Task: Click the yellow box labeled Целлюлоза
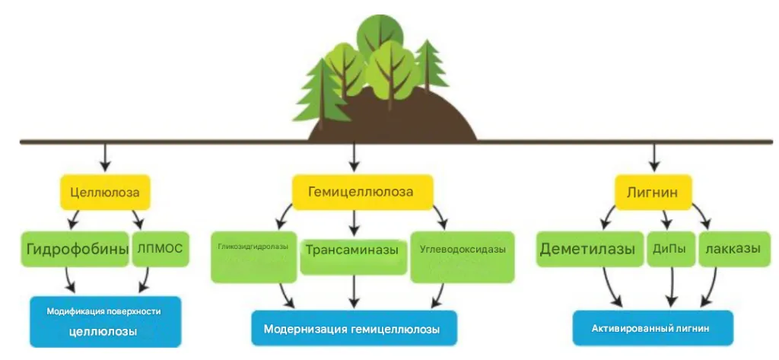click(x=105, y=193)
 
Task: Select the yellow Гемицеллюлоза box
click(x=361, y=192)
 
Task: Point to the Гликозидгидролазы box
click(x=253, y=255)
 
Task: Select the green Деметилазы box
click(x=587, y=250)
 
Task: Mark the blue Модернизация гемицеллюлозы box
click(x=354, y=329)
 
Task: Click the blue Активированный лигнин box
click(x=653, y=328)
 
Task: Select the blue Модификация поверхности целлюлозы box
click(x=105, y=321)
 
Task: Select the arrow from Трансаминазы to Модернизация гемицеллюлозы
click(x=354, y=292)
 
